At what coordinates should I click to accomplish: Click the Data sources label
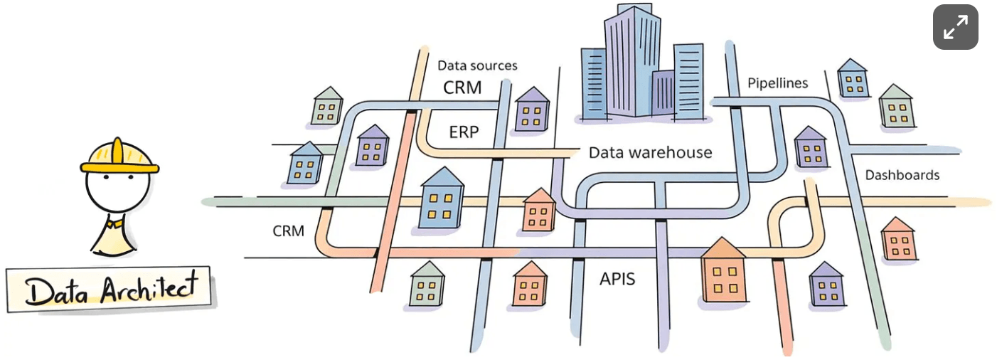(x=477, y=65)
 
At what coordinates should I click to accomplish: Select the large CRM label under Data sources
(x=462, y=88)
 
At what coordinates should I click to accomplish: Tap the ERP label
(x=464, y=132)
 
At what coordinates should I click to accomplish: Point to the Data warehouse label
(x=650, y=152)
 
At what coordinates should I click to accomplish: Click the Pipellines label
(x=777, y=83)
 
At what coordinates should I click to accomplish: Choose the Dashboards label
(x=902, y=175)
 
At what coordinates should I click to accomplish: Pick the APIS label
(x=617, y=278)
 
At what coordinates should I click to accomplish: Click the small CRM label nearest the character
(x=289, y=231)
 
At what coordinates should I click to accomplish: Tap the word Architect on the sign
(x=147, y=290)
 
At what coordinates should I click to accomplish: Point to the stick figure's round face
(x=117, y=189)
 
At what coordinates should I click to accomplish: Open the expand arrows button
(x=955, y=27)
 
